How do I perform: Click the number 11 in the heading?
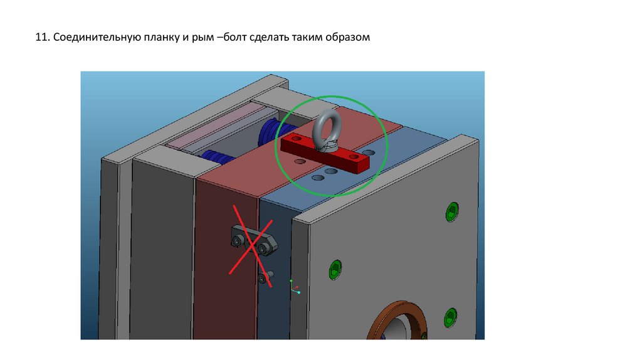pyautogui.click(x=42, y=37)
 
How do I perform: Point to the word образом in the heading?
pyautogui.click(x=347, y=37)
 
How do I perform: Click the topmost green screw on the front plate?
pyautogui.click(x=452, y=212)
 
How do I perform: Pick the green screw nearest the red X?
pyautogui.click(x=335, y=270)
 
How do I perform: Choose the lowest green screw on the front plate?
pyautogui.click(x=451, y=318)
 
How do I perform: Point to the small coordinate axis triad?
pyautogui.click(x=295, y=287)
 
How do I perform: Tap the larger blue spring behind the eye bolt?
pyautogui.click(x=271, y=134)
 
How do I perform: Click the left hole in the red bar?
pyautogui.click(x=296, y=139)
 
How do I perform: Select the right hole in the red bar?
pyautogui.click(x=354, y=157)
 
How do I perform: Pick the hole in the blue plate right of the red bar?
pyautogui.click(x=369, y=153)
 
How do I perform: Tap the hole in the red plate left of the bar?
pyautogui.click(x=300, y=161)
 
